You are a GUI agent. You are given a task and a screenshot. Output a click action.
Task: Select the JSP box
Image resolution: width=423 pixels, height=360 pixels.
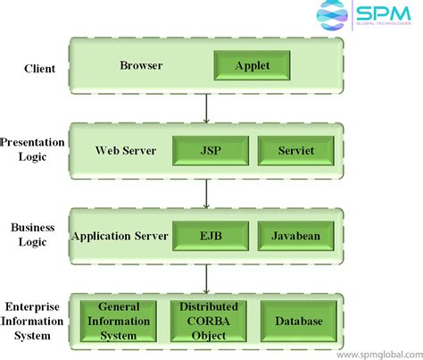pyautogui.click(x=210, y=150)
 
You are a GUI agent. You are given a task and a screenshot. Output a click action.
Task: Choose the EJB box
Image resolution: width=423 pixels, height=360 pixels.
pyautogui.click(x=210, y=237)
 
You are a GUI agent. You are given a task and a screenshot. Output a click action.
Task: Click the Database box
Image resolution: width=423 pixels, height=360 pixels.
pyautogui.click(x=298, y=321)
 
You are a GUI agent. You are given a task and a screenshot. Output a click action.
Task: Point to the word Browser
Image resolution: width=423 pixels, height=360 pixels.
pyautogui.click(x=142, y=65)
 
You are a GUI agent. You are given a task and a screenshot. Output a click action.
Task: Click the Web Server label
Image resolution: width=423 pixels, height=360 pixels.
pyautogui.click(x=125, y=150)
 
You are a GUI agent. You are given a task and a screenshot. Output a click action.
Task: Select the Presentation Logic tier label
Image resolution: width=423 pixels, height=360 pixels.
pyautogui.click(x=31, y=149)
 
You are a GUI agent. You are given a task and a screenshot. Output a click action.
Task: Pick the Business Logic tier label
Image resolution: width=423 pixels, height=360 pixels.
pyautogui.click(x=33, y=235)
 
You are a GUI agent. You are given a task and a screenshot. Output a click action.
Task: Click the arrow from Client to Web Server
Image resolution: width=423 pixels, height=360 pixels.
pyautogui.click(x=207, y=108)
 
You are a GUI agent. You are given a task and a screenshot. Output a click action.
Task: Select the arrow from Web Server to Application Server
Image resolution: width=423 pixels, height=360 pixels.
pyautogui.click(x=207, y=193)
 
